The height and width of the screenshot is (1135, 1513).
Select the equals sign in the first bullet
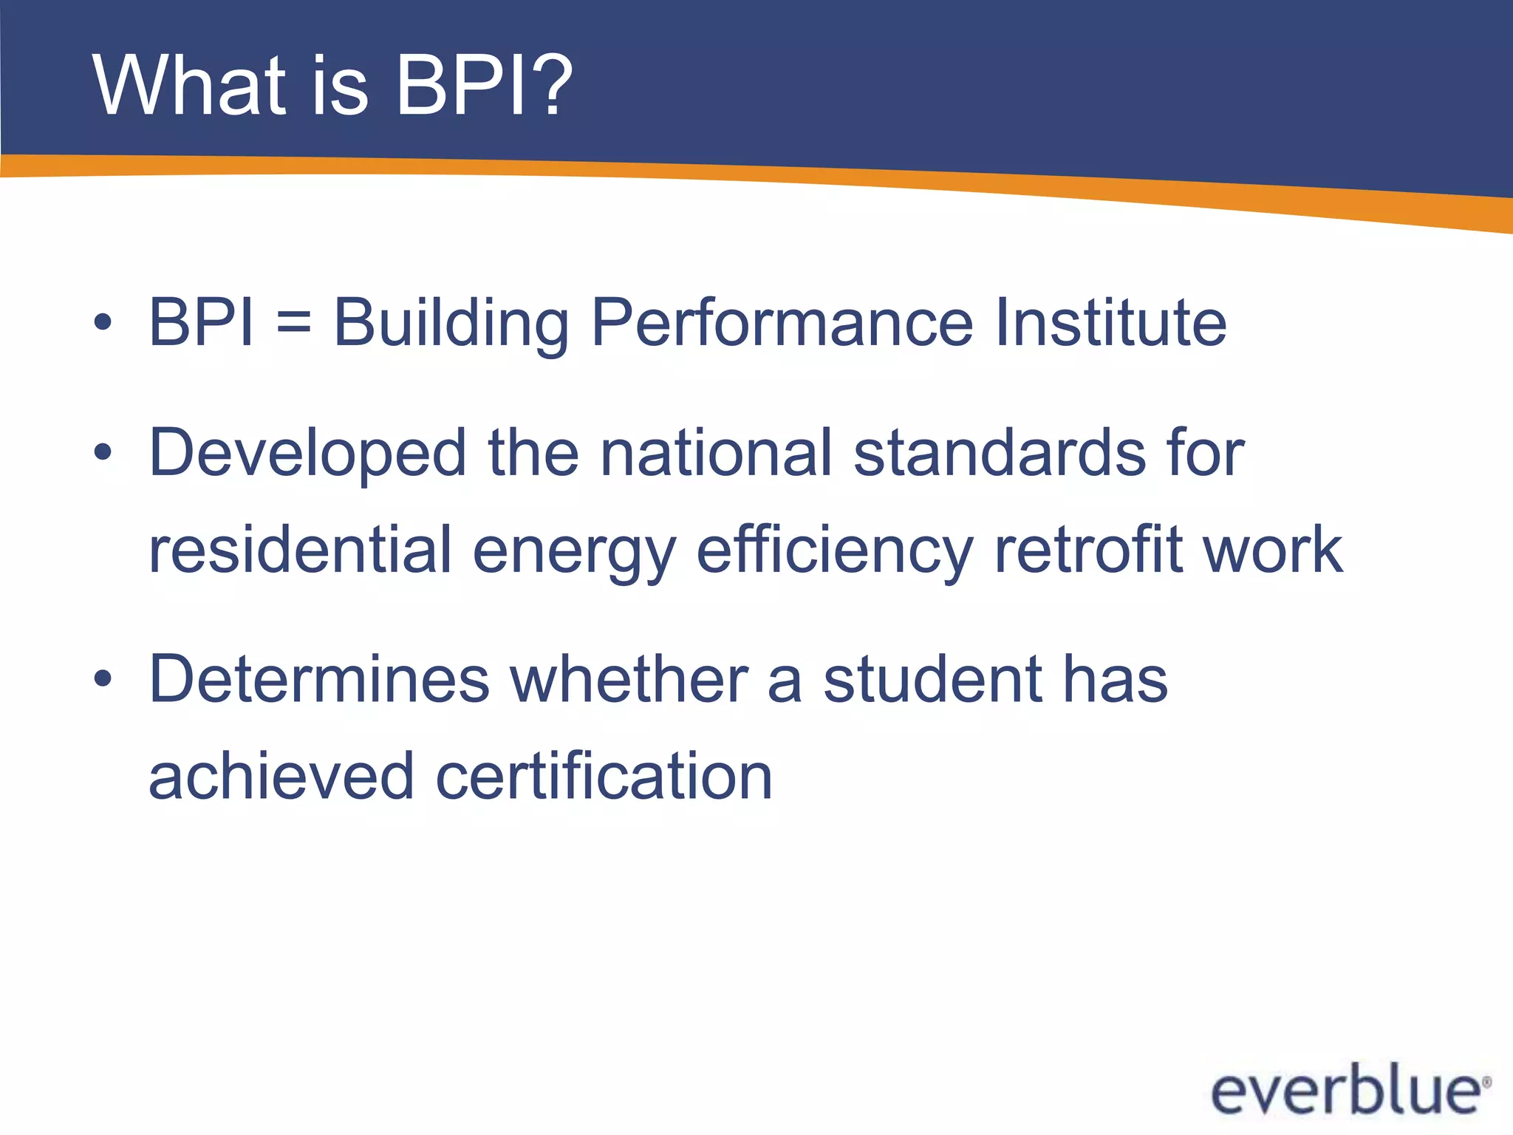coord(294,323)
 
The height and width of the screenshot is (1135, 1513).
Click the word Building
coord(451,323)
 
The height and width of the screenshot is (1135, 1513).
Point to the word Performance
coord(782,323)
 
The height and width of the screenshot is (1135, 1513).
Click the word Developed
coord(307,453)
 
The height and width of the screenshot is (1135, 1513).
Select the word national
coord(716,453)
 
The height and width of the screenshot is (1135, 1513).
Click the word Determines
coord(319,679)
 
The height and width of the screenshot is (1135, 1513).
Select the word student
coord(932,679)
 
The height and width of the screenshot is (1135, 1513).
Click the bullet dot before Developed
coord(103,453)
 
